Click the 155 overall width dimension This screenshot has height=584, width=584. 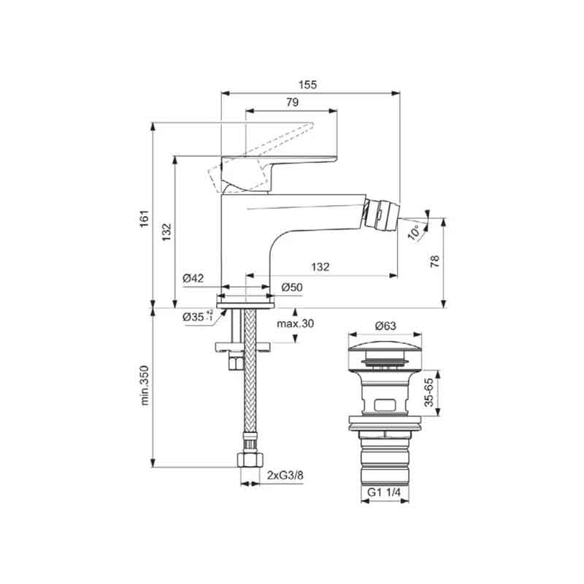point(307,85)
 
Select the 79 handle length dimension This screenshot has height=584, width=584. point(293,102)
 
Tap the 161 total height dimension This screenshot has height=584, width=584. point(144,218)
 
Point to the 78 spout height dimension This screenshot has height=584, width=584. point(434,261)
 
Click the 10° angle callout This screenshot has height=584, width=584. point(415,232)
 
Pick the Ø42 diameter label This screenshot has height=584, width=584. point(193,278)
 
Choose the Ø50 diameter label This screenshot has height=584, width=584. point(291,287)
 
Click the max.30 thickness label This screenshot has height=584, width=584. point(296,323)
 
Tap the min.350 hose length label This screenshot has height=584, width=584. point(144,385)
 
